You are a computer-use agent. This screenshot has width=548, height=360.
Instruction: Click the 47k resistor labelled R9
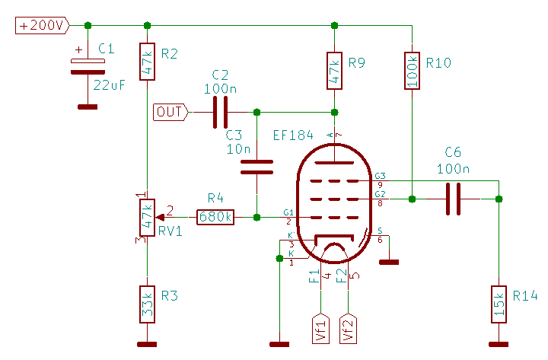pyautogui.click(x=333, y=71)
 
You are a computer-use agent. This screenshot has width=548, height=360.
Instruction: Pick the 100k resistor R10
pyautogui.click(x=411, y=71)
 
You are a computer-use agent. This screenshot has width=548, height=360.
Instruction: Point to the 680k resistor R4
pyautogui.click(x=215, y=217)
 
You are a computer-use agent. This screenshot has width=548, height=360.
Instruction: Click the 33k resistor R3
pyautogui.click(x=148, y=303)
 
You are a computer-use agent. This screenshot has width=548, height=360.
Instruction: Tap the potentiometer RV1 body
pyautogui.click(x=148, y=217)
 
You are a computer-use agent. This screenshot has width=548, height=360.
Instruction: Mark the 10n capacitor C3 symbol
pyautogui.click(x=256, y=167)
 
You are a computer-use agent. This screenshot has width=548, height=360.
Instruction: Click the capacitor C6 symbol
pyautogui.click(x=453, y=199)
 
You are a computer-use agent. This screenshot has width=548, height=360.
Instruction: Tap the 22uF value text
pyautogui.click(x=110, y=84)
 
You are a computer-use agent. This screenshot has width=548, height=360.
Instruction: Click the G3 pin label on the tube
pyautogui.click(x=381, y=176)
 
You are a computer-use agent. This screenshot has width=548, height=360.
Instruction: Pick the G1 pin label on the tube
pyautogui.click(x=288, y=212)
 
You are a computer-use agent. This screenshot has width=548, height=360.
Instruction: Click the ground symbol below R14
pyautogui.click(x=499, y=341)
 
